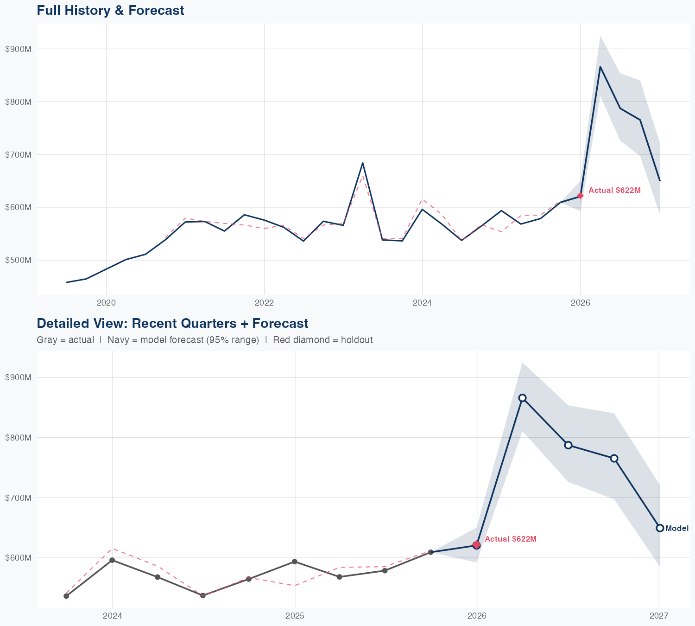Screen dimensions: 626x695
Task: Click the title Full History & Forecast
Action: pos(110,10)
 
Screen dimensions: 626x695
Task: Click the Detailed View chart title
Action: pos(172,323)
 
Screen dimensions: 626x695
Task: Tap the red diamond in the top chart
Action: pos(580,196)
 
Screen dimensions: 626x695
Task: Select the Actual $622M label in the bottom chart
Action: pos(511,539)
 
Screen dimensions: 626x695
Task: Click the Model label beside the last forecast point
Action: pos(677,528)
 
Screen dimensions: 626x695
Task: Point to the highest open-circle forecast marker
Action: pos(522,398)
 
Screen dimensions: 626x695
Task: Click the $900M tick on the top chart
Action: pos(18,49)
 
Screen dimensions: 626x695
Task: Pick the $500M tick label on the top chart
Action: pos(18,260)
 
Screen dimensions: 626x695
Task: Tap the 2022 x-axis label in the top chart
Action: pos(264,303)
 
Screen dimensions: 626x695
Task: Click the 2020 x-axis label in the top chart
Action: pos(106,303)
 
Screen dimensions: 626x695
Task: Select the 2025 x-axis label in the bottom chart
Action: pos(294,616)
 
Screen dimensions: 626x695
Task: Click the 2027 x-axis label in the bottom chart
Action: pos(658,616)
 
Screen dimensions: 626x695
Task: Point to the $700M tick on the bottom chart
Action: pos(18,498)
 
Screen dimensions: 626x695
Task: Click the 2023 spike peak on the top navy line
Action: pos(363,163)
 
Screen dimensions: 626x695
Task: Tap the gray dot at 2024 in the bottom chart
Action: pos(112,560)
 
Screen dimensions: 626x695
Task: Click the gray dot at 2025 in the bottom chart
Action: pos(294,562)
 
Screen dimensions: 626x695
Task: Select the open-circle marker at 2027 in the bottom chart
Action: pos(660,528)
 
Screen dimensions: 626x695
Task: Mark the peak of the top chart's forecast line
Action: pos(600,67)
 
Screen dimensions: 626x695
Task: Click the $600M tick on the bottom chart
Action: pos(18,557)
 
